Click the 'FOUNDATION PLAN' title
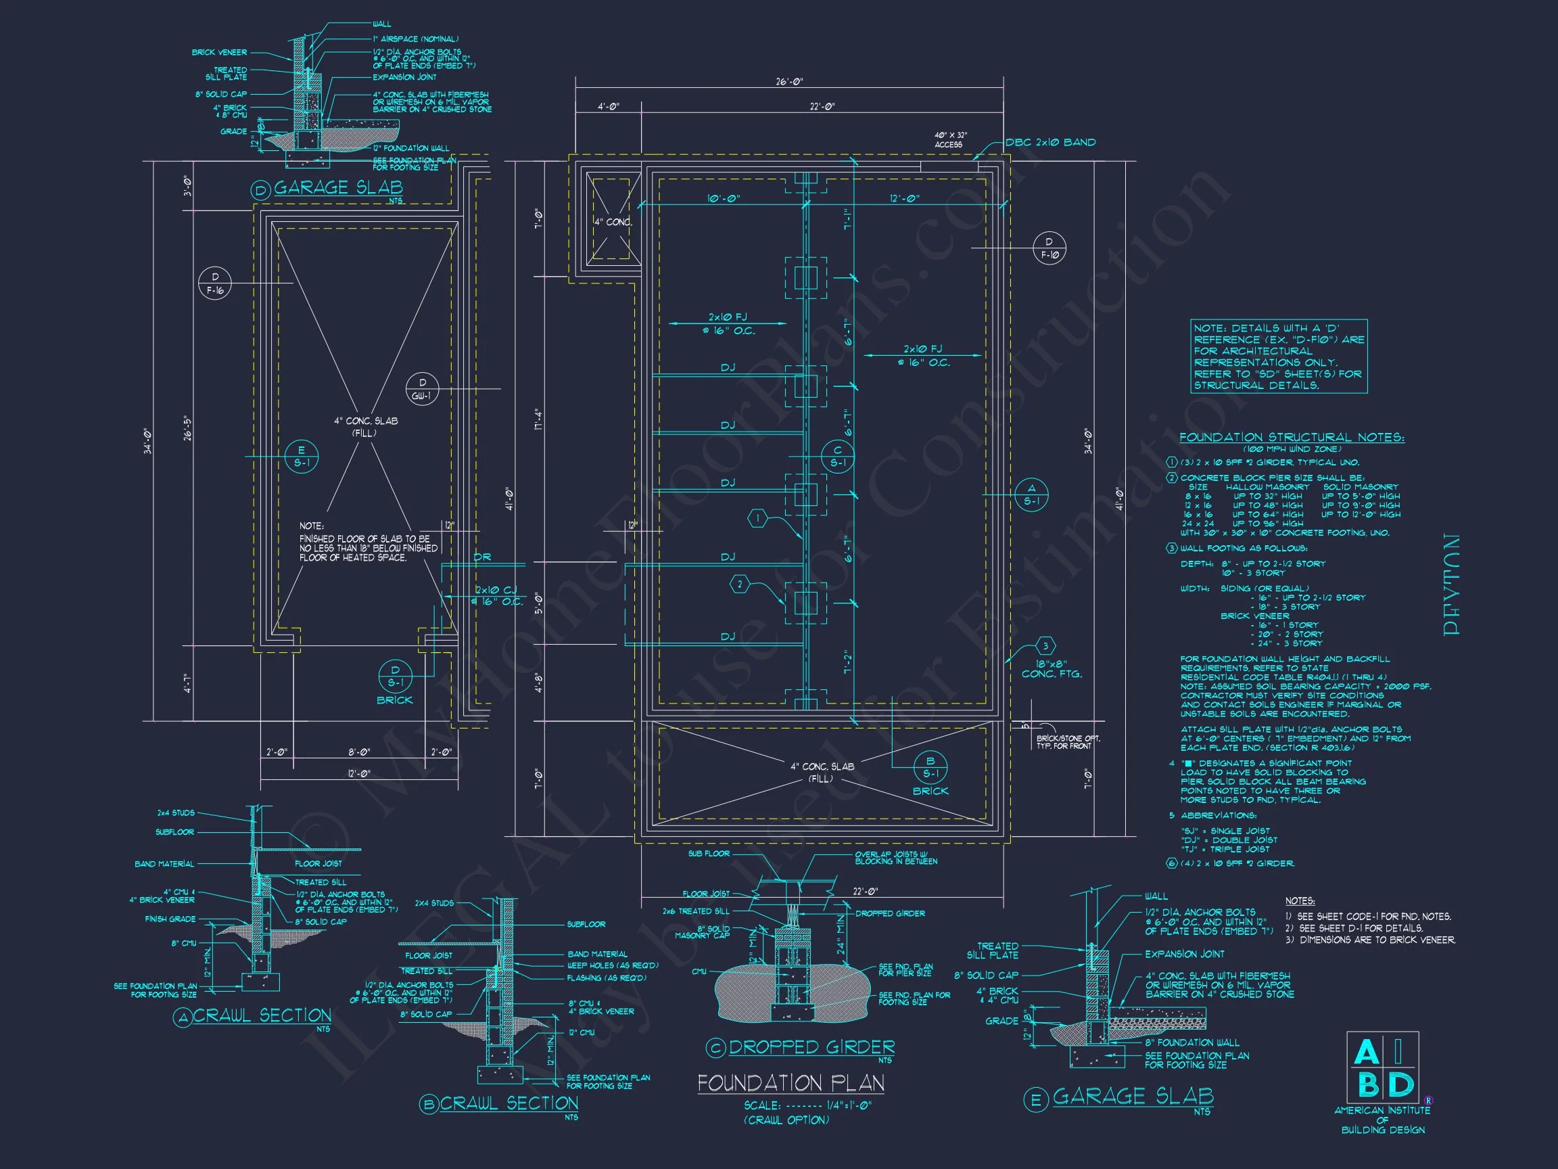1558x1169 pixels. pos(790,1082)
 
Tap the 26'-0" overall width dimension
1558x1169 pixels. pos(789,82)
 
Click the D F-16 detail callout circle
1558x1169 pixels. pos(215,283)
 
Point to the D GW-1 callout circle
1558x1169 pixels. pos(423,389)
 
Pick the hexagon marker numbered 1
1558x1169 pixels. pos(758,519)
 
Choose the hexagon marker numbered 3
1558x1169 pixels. pos(1045,646)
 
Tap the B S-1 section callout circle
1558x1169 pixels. pos(930,767)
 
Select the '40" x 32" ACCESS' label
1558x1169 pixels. pos(951,139)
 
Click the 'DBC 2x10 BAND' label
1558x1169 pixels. pos(1050,142)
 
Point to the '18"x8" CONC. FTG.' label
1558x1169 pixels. pos(1051,668)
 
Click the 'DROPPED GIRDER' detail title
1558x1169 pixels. pos(811,1047)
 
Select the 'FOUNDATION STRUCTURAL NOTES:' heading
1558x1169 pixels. pos(1292,438)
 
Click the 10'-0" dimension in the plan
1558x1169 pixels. pos(724,200)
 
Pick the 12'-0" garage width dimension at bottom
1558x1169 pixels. pos(359,773)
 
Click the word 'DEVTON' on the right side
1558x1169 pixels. pos(1450,585)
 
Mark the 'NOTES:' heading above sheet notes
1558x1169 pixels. pos(1300,901)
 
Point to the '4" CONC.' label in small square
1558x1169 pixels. pos(613,222)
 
